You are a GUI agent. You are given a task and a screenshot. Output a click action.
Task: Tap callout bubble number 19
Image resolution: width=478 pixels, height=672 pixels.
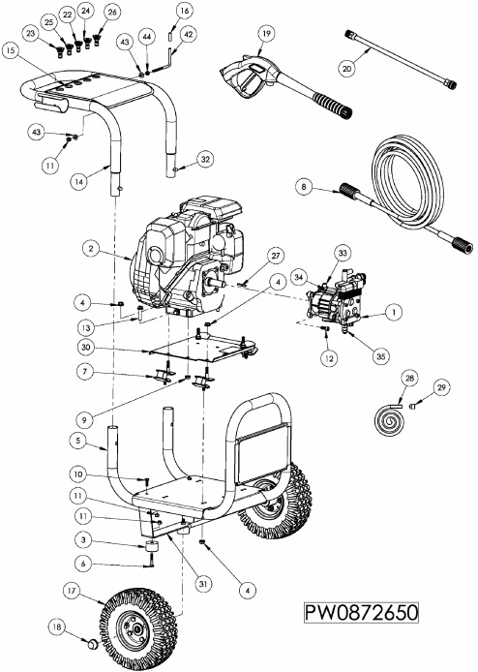tap(266, 34)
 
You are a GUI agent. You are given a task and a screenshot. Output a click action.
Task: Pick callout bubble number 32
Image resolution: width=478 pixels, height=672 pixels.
tap(204, 159)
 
